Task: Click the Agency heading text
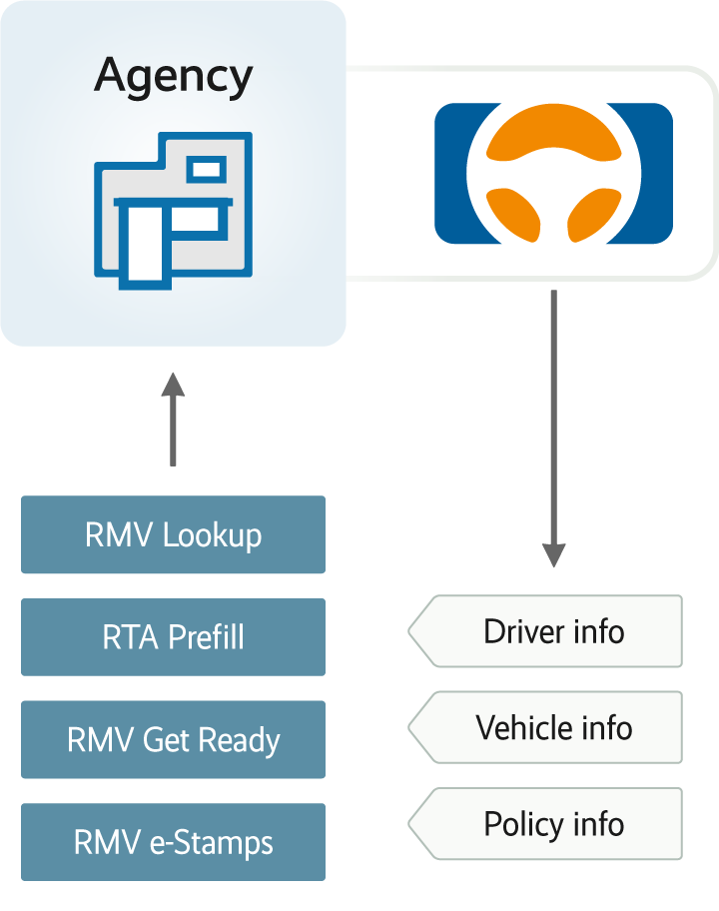tap(174, 77)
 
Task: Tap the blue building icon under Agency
tap(173, 210)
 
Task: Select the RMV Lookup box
tap(173, 534)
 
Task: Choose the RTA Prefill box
tap(173, 637)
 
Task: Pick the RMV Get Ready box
tap(173, 740)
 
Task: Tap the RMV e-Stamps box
tap(173, 842)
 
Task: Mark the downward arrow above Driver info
tap(553, 430)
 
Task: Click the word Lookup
tap(212, 534)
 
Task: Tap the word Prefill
tap(206, 637)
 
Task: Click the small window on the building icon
tap(208, 168)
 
